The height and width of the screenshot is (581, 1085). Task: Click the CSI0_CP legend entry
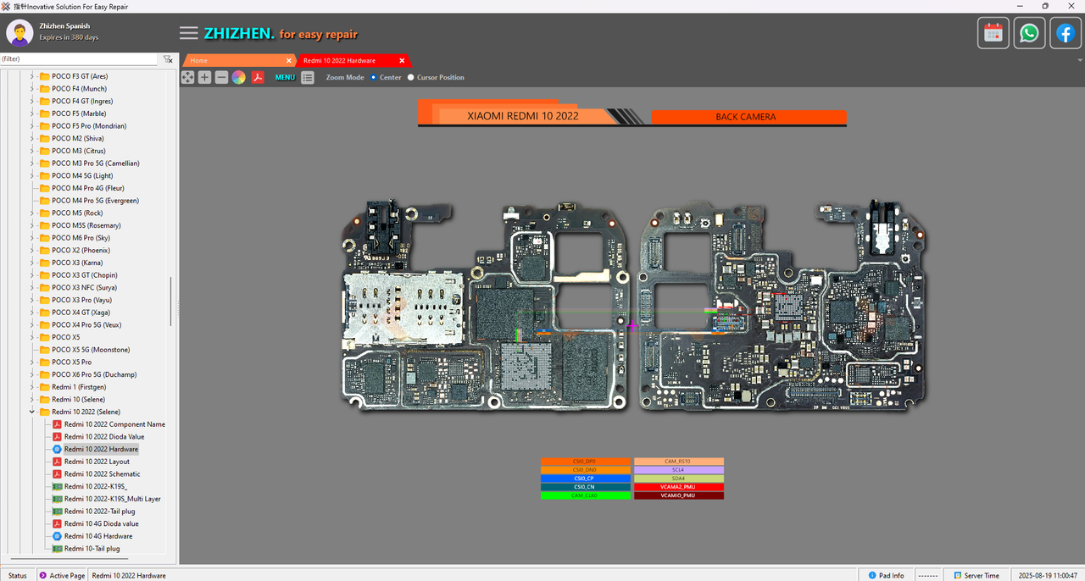(585, 479)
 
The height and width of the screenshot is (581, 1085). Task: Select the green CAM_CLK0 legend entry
(585, 495)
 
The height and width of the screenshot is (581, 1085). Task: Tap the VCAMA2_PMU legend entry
(679, 487)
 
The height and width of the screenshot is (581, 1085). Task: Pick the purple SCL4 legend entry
(679, 470)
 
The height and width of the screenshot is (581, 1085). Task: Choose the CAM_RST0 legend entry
(679, 462)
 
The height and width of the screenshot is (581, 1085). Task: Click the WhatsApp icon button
(1029, 33)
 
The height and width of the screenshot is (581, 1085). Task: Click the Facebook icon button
(1066, 33)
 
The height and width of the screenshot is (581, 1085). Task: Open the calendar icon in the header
(993, 33)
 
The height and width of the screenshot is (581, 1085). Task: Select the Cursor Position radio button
(411, 77)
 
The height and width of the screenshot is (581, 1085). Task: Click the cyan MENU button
(285, 77)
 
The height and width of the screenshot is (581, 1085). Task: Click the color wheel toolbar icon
(239, 77)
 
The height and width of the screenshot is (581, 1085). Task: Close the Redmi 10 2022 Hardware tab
(402, 61)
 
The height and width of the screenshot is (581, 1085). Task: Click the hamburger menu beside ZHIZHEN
(189, 33)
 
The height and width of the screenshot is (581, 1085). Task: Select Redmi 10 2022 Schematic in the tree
(102, 474)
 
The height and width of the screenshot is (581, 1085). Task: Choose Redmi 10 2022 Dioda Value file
(103, 437)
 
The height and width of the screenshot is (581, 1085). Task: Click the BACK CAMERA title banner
(745, 117)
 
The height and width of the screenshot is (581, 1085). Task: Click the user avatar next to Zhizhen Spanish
(19, 32)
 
